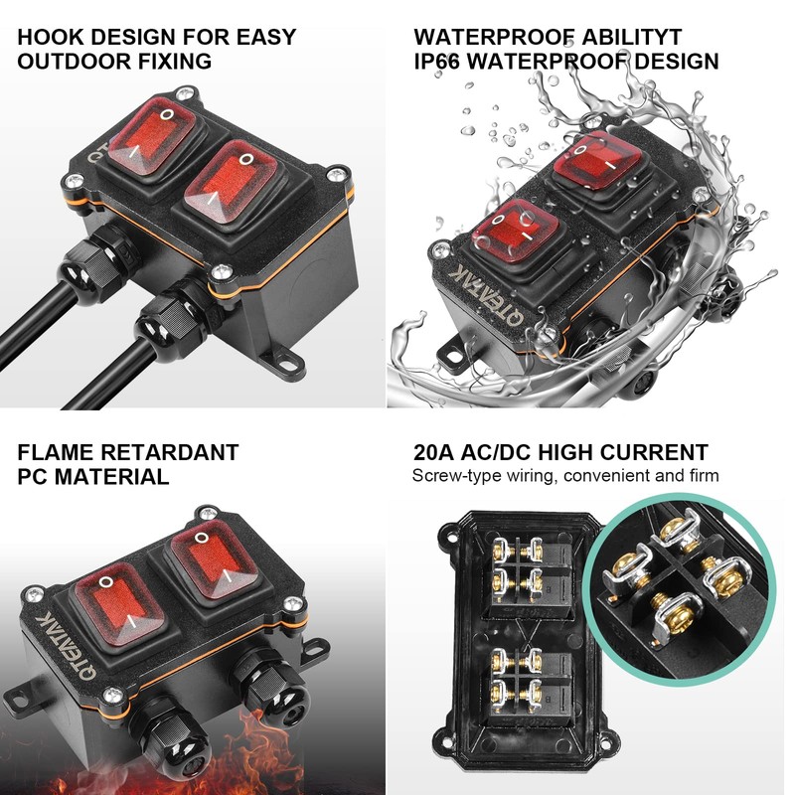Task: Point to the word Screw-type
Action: [452, 476]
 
